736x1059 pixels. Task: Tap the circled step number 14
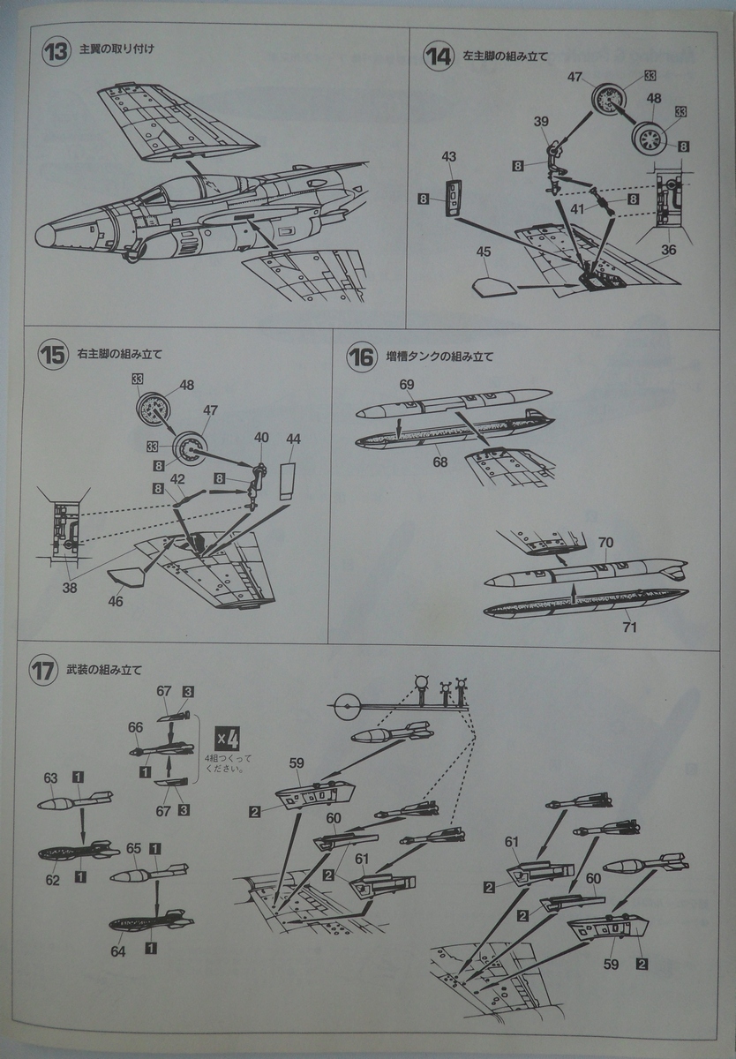pyautogui.click(x=439, y=58)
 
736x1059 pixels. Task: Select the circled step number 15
pyautogui.click(x=52, y=356)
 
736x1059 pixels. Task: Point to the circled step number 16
pyautogui.click(x=363, y=357)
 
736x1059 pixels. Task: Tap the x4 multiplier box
pyautogui.click(x=229, y=734)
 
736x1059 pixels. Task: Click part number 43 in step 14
pyautogui.click(x=448, y=156)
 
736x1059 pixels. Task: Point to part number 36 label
pyautogui.click(x=669, y=250)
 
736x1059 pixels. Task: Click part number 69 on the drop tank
pyautogui.click(x=407, y=385)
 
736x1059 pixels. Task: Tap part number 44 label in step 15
pyautogui.click(x=293, y=439)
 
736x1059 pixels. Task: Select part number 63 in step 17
pyautogui.click(x=50, y=777)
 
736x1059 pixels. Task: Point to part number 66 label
pyautogui.click(x=135, y=727)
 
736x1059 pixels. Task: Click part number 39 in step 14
pyautogui.click(x=542, y=121)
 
